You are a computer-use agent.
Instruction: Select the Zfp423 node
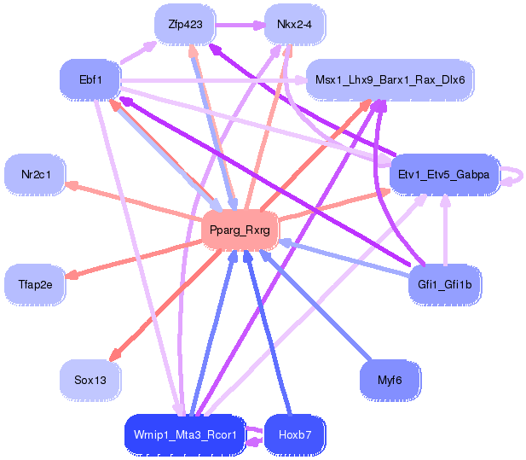point(184,25)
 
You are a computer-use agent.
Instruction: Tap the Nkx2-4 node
point(295,25)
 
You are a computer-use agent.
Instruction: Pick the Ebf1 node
point(91,79)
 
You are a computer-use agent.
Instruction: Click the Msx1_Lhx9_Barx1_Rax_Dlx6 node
point(390,79)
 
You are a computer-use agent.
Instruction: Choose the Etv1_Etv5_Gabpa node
point(444,175)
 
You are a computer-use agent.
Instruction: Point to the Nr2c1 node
point(35,175)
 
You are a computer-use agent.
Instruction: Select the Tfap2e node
point(35,284)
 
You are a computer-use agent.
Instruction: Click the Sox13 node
point(90,379)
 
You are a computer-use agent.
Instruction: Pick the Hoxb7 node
point(295,434)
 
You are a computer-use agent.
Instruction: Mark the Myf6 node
point(390,379)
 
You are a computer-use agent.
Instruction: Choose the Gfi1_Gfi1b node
point(444,284)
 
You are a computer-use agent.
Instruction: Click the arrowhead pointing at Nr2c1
point(73,185)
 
